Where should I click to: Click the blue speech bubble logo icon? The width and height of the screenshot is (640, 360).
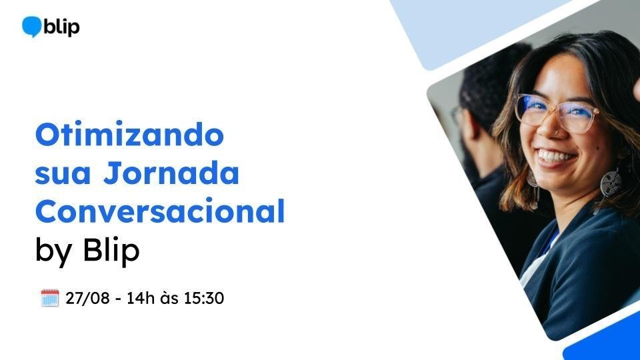(x=32, y=27)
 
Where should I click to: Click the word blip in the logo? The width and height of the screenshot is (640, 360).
(x=61, y=27)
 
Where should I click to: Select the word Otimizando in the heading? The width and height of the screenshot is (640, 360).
(x=130, y=134)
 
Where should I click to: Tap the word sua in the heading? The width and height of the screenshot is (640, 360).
(x=63, y=174)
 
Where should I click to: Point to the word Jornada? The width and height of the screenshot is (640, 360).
(x=171, y=173)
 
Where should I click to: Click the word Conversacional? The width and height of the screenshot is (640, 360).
(x=159, y=211)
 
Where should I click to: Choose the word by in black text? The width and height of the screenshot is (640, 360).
(x=53, y=251)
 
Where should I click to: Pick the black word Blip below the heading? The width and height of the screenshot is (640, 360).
(x=111, y=249)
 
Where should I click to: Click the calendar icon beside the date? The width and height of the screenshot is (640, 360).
(x=50, y=298)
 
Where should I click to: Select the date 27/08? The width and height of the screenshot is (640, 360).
(x=87, y=299)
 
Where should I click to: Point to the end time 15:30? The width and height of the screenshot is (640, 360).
(x=204, y=299)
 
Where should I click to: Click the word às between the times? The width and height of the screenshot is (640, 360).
(x=169, y=299)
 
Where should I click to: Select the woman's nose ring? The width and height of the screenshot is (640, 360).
(x=555, y=132)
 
